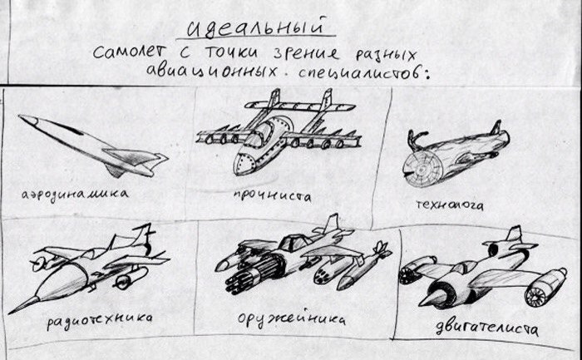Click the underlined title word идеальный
coord(256,27)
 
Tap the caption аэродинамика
coord(75,194)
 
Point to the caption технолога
coord(450,205)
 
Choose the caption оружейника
coord(291,319)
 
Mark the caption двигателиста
coord(486,328)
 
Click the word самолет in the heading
coord(130,52)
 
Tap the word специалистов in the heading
coord(364,72)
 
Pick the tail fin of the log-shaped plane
coord(496,127)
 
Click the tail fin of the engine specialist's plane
coord(515,234)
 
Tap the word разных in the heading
coord(386,55)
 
